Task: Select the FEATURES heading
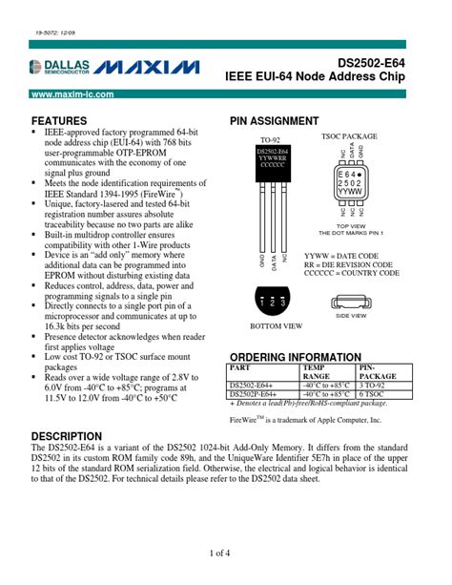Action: tap(60, 121)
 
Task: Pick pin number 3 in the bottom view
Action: tap(283, 302)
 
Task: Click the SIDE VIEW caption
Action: tap(351, 315)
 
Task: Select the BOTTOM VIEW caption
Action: tap(277, 326)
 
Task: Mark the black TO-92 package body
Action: tap(273, 160)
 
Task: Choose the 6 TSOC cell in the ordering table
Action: tap(372, 393)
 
